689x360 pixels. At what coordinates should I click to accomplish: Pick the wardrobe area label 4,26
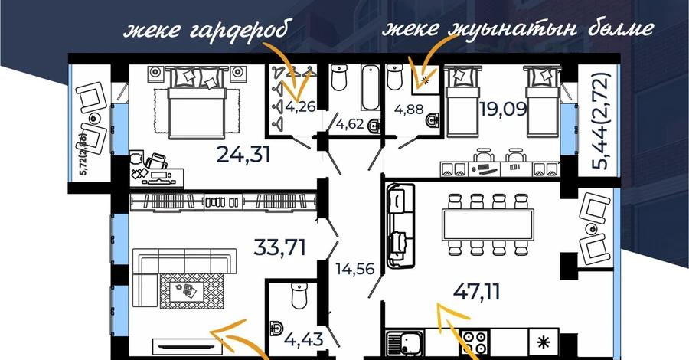pos(301,106)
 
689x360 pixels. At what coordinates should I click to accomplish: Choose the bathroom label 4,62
pos(344,119)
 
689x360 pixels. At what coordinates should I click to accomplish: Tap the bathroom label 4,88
pos(410,108)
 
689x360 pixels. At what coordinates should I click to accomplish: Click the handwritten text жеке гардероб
pos(209,31)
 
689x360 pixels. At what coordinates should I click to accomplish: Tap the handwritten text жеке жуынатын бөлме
pos(518,30)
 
